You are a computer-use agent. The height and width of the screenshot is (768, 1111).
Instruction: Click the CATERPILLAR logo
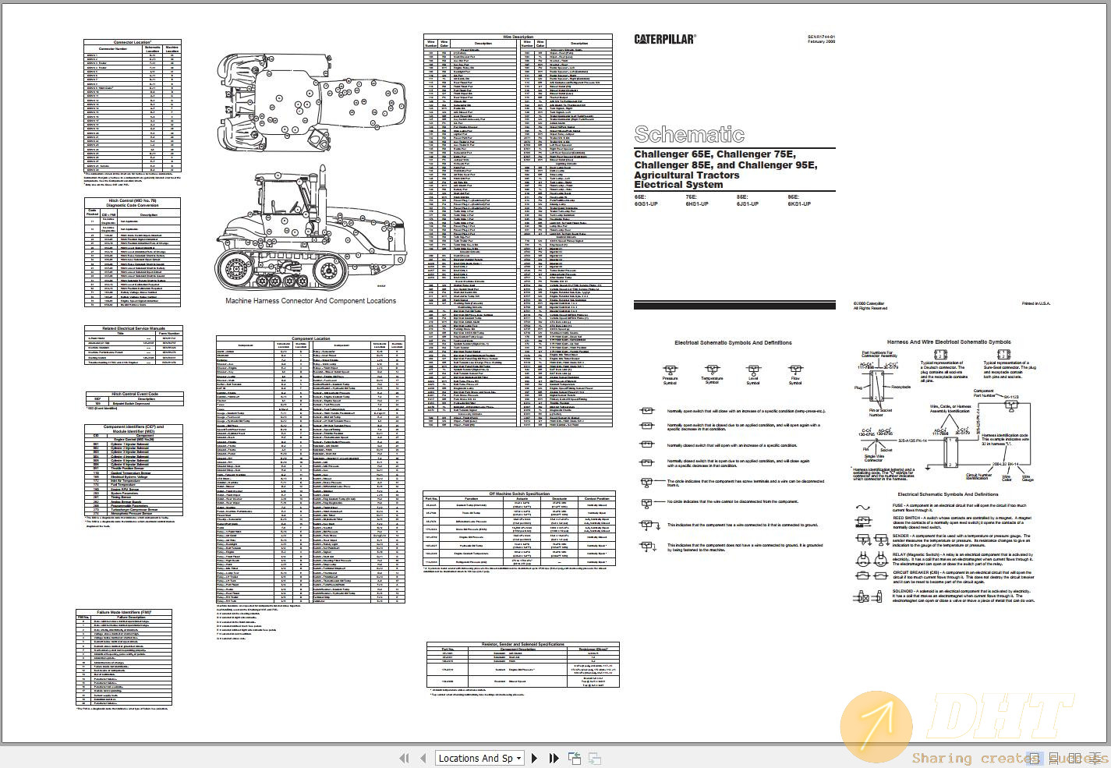coord(664,39)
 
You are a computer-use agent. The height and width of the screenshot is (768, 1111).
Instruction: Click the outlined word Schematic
coord(688,134)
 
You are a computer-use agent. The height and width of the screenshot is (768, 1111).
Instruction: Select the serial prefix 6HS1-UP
coord(697,204)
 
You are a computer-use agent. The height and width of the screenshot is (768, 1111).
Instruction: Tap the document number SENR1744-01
coord(821,37)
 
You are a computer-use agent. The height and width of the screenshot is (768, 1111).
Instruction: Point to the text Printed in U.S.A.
coord(1035,303)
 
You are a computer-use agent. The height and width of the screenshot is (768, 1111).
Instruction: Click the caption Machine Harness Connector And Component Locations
coord(310,301)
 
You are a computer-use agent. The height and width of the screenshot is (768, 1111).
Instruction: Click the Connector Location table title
coord(133,42)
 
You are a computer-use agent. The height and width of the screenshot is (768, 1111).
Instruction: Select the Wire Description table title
coord(518,37)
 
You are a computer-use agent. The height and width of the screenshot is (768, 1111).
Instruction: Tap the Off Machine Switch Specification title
coord(518,494)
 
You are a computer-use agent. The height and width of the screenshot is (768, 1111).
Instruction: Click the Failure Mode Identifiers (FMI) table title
coord(124,612)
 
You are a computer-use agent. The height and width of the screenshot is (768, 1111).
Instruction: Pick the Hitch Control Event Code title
coord(134,394)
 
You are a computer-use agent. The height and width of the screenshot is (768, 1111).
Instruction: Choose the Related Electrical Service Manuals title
coord(133,328)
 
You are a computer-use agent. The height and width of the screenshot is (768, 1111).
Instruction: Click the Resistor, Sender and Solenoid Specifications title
coord(522,644)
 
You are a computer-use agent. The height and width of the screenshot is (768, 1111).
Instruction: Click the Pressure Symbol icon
coord(670,370)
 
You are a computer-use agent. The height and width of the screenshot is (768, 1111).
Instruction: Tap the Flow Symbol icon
coord(794,370)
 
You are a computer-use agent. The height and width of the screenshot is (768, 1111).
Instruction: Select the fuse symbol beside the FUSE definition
coord(863,508)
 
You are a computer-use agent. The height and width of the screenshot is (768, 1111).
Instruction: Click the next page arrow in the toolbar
coord(534,758)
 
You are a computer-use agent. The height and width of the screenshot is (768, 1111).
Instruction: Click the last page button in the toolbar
coord(554,758)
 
